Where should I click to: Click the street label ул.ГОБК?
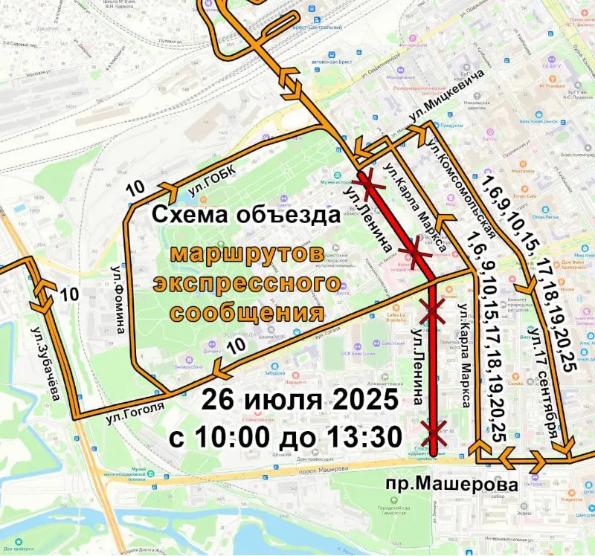coord(211,181)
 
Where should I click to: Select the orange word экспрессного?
coord(240,282)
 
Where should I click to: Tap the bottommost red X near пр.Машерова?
coord(435,429)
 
